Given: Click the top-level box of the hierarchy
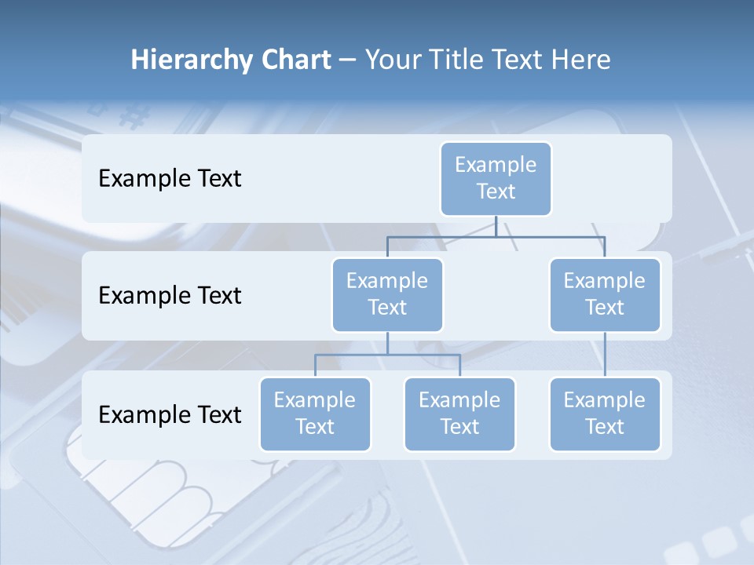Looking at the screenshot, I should [x=496, y=178].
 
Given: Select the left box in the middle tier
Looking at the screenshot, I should [x=387, y=294].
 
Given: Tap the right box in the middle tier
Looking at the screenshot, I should [x=605, y=294].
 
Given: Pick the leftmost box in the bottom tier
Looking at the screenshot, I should [x=315, y=414].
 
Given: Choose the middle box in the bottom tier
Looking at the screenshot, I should [x=459, y=414].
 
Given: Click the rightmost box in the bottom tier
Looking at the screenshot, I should [x=605, y=414].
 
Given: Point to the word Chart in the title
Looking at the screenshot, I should [x=291, y=60].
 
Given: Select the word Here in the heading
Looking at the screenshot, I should [x=581, y=60].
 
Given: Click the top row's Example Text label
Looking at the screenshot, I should [x=170, y=178].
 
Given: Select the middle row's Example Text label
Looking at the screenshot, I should [x=170, y=295].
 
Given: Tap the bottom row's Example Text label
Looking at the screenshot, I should [x=170, y=414].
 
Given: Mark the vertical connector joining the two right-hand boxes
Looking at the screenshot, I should [x=605, y=355].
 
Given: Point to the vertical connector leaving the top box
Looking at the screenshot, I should [x=496, y=226].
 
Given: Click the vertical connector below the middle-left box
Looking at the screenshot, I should [x=387, y=343].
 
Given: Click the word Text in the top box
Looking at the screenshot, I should [x=496, y=191].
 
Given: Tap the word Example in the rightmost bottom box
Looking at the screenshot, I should [x=605, y=400].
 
